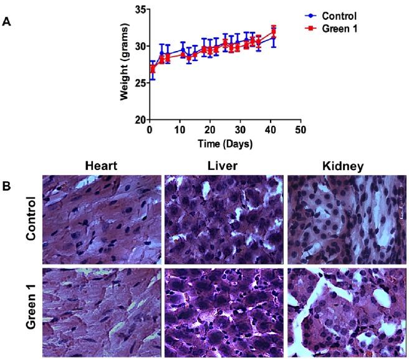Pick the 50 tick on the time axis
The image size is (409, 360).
click(301, 130)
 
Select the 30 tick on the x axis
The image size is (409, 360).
click(240, 130)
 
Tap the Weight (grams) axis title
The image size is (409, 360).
click(125, 64)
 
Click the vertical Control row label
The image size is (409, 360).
click(31, 219)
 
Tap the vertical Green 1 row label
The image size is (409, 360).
click(31, 310)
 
